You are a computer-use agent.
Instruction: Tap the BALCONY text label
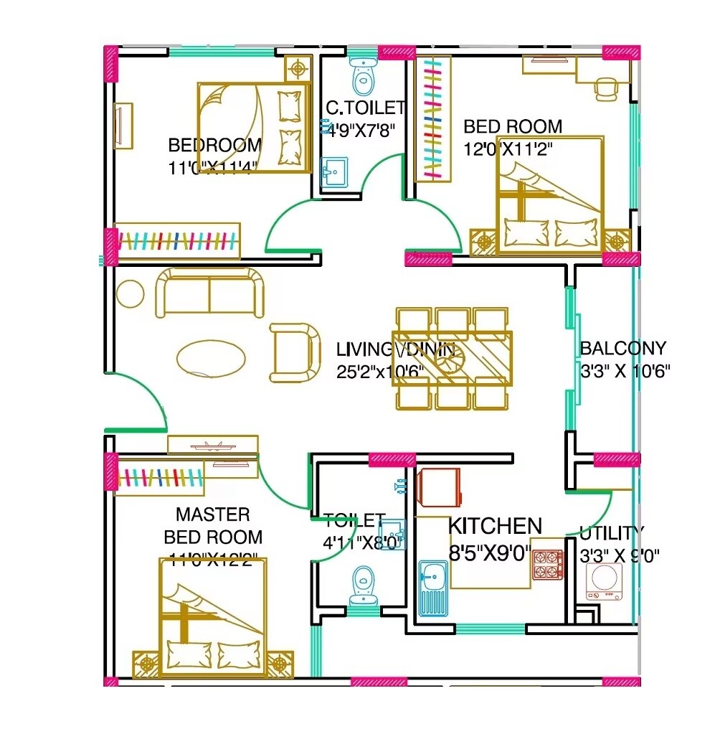pos(622,349)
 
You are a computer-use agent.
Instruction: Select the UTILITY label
pos(612,532)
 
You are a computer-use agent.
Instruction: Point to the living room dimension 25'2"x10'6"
pos(380,372)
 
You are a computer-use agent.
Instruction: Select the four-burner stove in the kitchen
pos(547,563)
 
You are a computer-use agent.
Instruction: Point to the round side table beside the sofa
pos(131,293)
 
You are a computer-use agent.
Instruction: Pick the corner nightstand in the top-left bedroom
pos(297,69)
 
